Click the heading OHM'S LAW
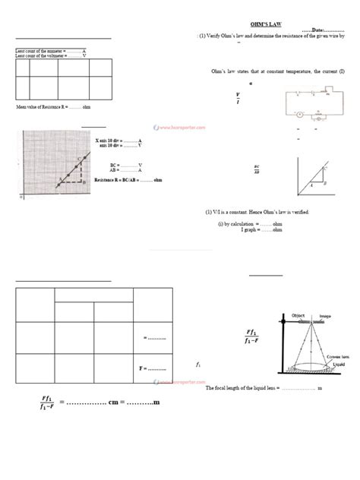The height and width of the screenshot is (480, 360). pos(266,24)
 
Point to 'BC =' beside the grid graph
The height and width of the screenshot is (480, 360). pos(115,165)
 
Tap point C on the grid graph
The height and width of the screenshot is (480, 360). pos(79,159)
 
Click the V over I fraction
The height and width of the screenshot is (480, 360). pos(238,98)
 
